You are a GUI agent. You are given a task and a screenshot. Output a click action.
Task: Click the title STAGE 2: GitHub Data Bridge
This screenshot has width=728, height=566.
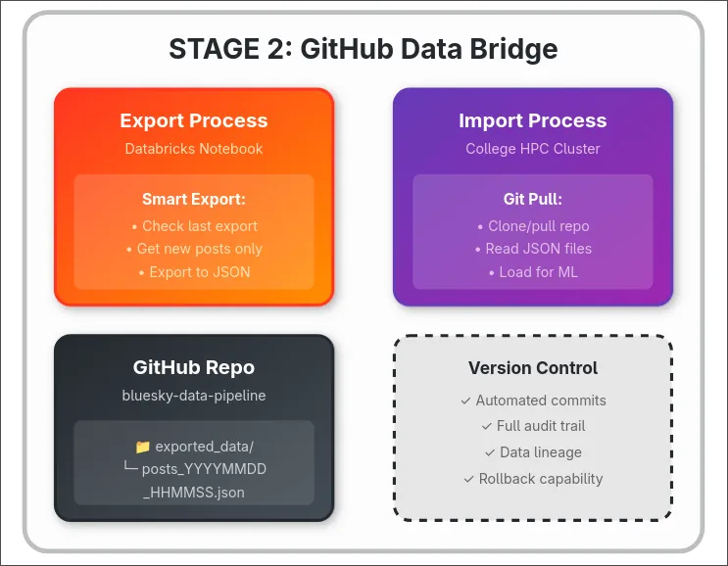tap(364, 48)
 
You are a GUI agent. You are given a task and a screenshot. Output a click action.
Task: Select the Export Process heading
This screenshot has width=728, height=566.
tap(194, 120)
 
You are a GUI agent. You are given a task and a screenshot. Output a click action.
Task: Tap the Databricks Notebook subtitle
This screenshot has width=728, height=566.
tap(194, 149)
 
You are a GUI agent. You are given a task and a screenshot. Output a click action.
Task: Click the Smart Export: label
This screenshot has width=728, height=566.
tap(194, 199)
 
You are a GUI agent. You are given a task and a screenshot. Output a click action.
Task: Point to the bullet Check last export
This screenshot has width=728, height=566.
tap(194, 226)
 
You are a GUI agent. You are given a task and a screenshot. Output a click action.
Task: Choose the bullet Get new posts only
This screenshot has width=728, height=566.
tap(194, 249)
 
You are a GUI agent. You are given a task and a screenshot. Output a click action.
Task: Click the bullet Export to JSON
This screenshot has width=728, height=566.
tap(194, 271)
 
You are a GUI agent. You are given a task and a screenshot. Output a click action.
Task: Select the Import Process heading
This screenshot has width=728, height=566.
tap(533, 120)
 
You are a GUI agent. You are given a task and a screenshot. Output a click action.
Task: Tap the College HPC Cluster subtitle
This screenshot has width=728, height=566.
tap(533, 149)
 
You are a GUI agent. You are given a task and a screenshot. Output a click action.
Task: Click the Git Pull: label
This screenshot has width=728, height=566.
tap(533, 199)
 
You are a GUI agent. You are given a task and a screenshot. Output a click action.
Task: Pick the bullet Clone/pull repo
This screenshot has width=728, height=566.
tap(533, 226)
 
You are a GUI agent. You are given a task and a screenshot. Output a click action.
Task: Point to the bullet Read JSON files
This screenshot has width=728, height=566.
tap(533, 249)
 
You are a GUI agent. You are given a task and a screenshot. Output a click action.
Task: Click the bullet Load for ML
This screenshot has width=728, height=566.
tap(533, 271)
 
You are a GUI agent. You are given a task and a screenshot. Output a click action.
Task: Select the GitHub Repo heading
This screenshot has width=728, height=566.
tap(194, 367)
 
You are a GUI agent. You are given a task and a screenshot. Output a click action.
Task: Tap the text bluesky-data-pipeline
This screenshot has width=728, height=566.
tap(194, 396)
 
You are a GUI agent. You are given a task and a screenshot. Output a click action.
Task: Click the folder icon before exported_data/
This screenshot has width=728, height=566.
tap(143, 447)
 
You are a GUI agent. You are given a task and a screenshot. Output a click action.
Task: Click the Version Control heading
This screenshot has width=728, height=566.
tap(533, 368)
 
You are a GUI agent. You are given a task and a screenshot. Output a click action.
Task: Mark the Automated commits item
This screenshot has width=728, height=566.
tap(533, 401)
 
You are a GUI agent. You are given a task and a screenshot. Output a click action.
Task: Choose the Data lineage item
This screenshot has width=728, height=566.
tap(533, 452)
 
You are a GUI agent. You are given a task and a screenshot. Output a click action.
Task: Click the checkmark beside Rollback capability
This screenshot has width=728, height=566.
tap(468, 479)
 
